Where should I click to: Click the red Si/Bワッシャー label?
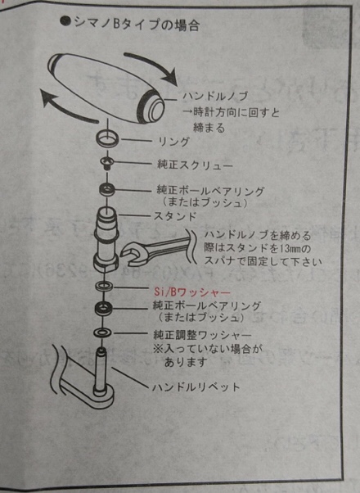point(192,292)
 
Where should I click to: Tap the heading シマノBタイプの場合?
point(137,25)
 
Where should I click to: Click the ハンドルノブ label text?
point(215,96)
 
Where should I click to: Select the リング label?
point(173,142)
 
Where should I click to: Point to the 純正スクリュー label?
point(195,165)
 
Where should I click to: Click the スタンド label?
point(175,216)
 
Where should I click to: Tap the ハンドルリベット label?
point(196,387)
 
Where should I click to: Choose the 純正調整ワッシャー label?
point(202,335)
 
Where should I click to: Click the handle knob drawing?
point(106,88)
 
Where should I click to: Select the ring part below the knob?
point(107,138)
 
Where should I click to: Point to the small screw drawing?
point(106,163)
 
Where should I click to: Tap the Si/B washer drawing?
point(103,286)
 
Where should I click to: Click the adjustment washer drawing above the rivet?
point(102,332)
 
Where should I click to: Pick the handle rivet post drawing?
point(101,371)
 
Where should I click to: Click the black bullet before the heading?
point(65,22)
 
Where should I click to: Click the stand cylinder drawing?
point(106,240)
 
